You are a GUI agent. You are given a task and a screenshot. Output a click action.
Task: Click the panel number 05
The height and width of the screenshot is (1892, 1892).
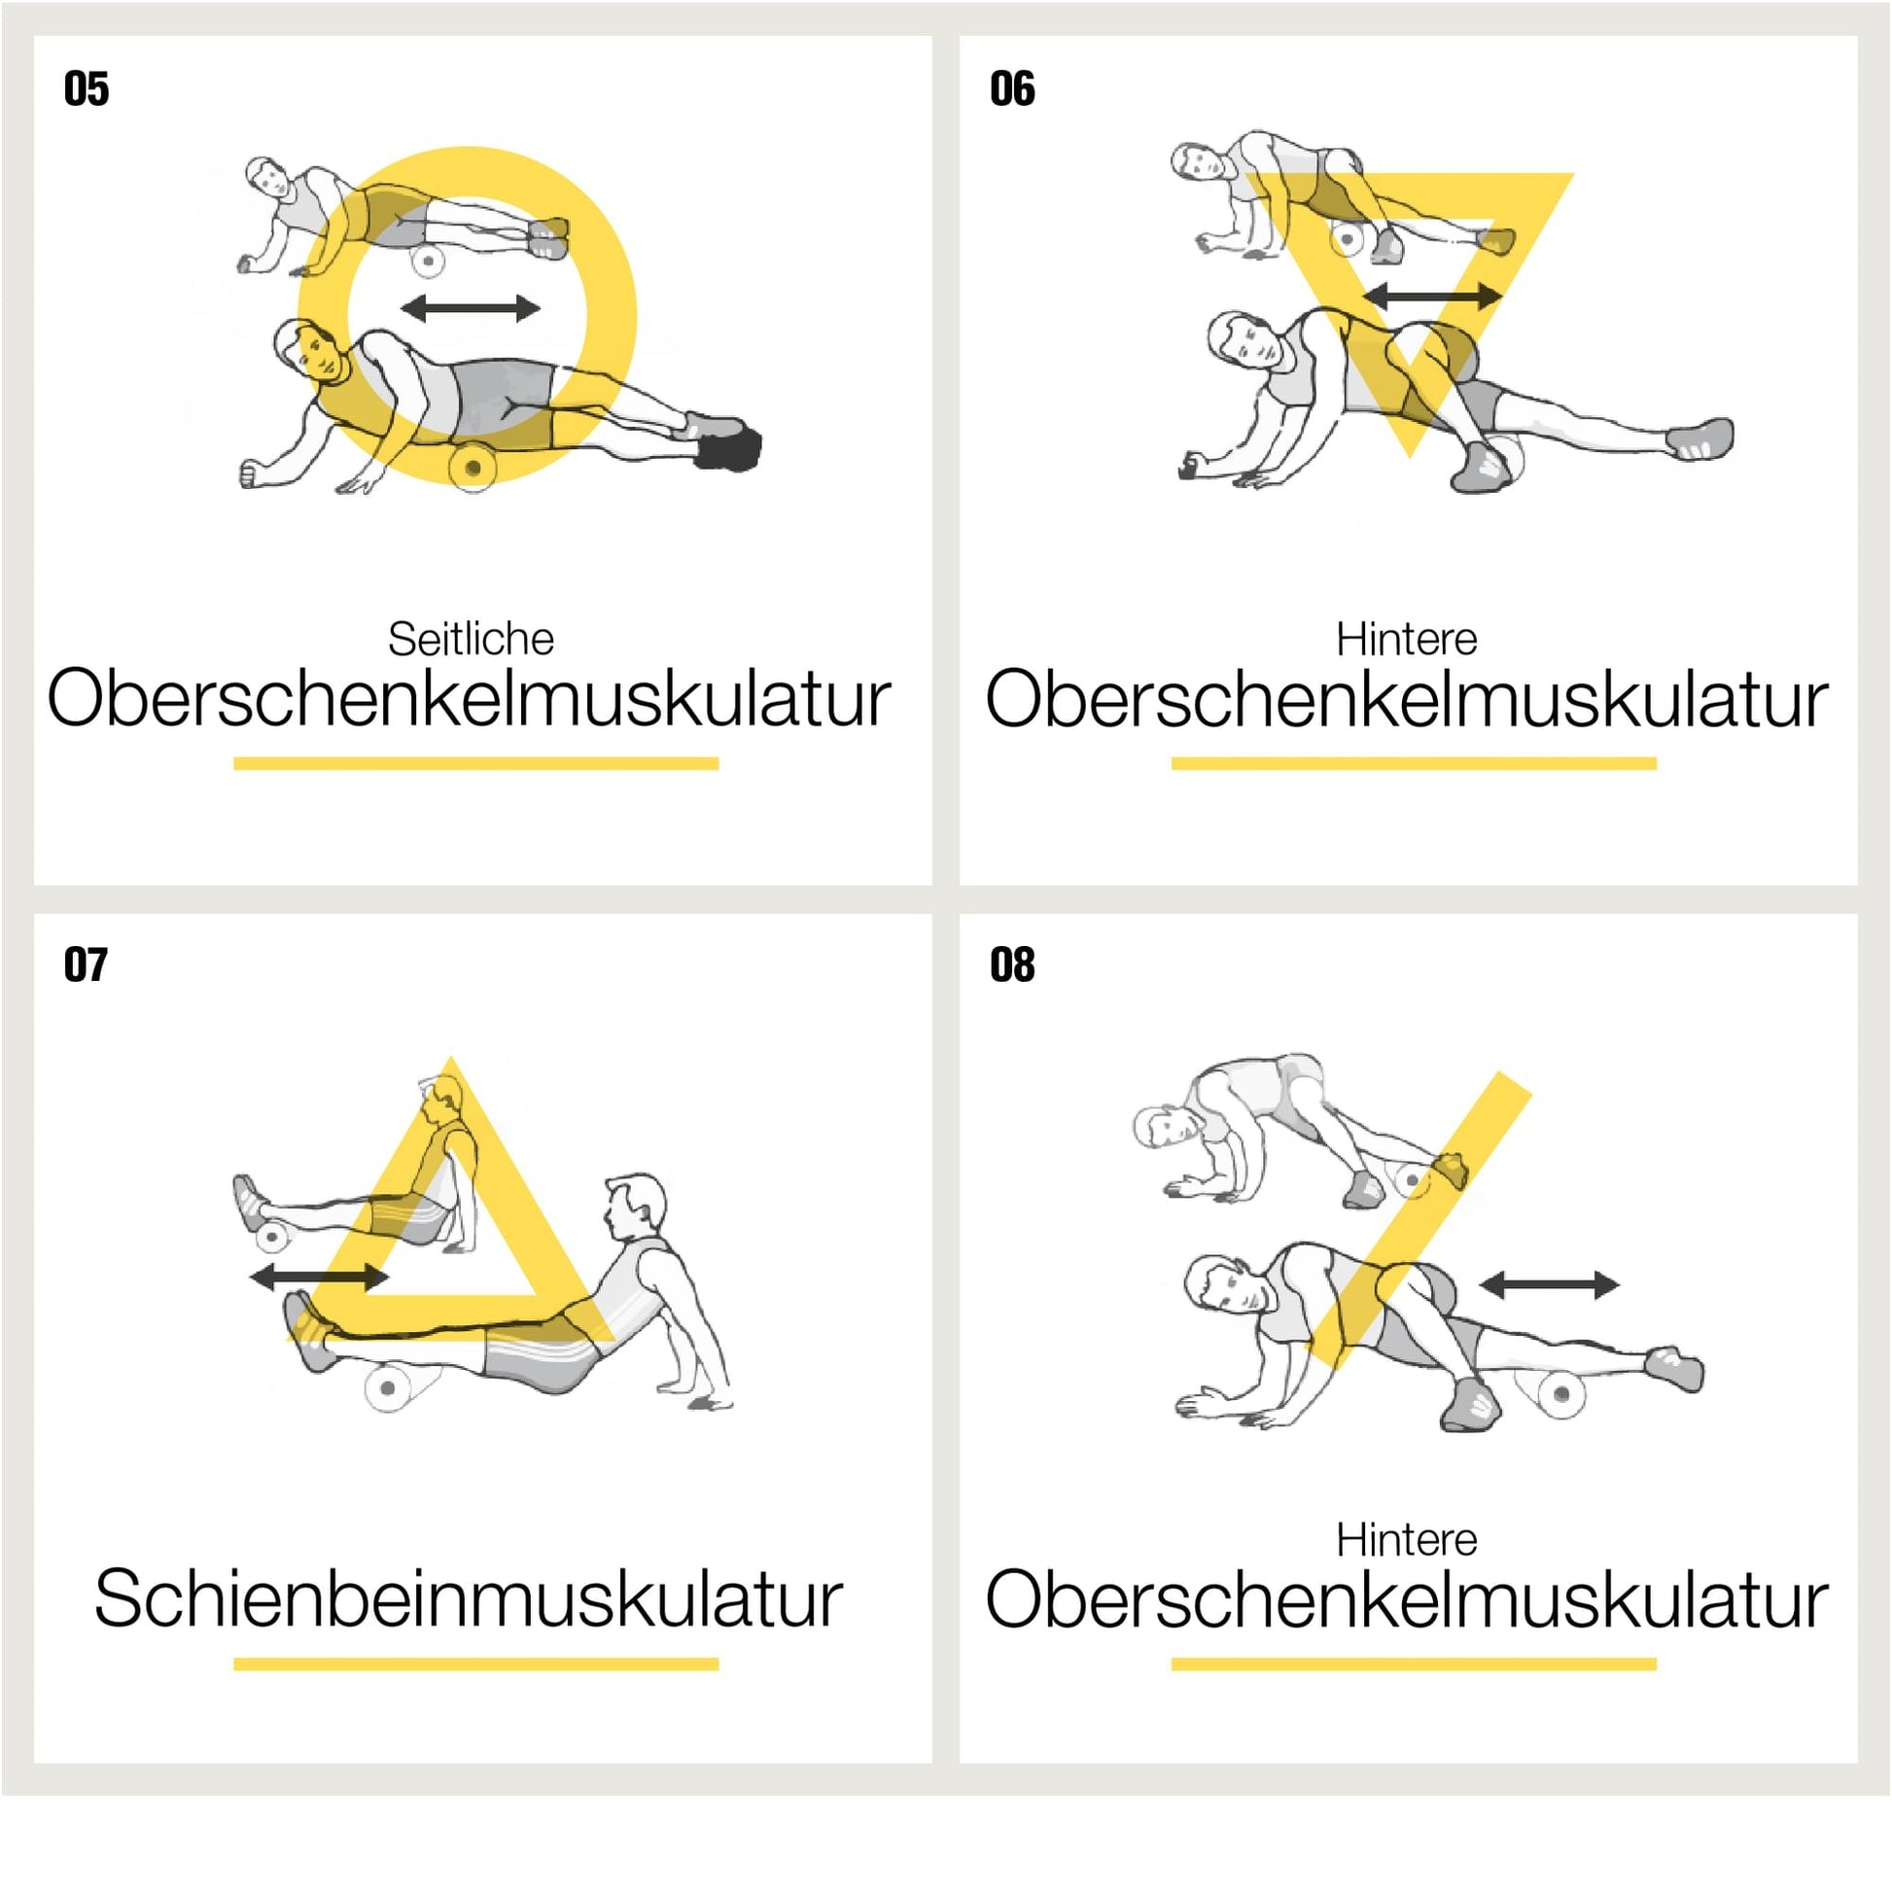pyautogui.click(x=87, y=89)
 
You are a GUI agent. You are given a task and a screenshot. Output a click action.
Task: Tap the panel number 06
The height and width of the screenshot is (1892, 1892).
pyautogui.click(x=1011, y=89)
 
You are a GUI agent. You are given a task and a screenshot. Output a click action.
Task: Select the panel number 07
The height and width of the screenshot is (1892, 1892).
pyautogui.click(x=87, y=964)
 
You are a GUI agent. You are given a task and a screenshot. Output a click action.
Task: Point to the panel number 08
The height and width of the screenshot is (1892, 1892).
pyautogui.click(x=1011, y=964)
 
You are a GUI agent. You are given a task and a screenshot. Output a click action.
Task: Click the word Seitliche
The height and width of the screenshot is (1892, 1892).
pyautogui.click(x=471, y=639)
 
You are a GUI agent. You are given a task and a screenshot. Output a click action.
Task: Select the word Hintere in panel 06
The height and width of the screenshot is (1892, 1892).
pyautogui.click(x=1406, y=639)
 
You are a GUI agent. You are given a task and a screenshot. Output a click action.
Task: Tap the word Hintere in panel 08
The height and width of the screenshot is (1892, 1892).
pyautogui.click(x=1406, y=1539)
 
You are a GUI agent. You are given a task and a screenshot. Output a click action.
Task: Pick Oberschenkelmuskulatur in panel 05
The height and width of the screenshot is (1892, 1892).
pyautogui.click(x=469, y=698)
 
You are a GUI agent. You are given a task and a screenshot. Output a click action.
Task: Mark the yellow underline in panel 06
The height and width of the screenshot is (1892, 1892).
pyautogui.click(x=1413, y=763)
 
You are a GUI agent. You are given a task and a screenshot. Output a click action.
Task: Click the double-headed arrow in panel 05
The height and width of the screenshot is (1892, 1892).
pyautogui.click(x=470, y=308)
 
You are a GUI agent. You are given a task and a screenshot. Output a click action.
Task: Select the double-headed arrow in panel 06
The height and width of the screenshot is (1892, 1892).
pyautogui.click(x=1432, y=295)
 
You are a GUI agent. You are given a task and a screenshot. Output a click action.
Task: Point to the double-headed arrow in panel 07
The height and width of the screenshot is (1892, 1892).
pyautogui.click(x=319, y=1276)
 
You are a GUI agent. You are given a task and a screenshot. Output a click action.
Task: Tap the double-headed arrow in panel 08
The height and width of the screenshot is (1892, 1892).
pyautogui.click(x=1549, y=1285)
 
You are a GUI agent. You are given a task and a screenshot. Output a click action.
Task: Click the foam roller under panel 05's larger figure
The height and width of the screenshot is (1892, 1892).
pyautogui.click(x=473, y=466)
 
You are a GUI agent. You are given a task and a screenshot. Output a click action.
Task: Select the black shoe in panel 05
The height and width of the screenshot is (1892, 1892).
pyautogui.click(x=729, y=448)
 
